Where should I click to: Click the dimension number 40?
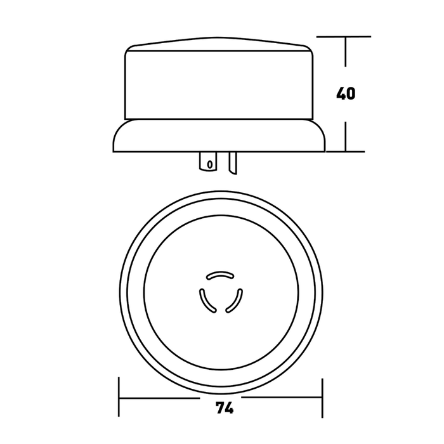pyautogui.click(x=346, y=94)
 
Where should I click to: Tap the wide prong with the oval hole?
pyautogui.click(x=207, y=162)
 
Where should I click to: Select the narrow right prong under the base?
pyautogui.click(x=232, y=163)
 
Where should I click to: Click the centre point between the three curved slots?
pyautogui.click(x=221, y=295)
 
